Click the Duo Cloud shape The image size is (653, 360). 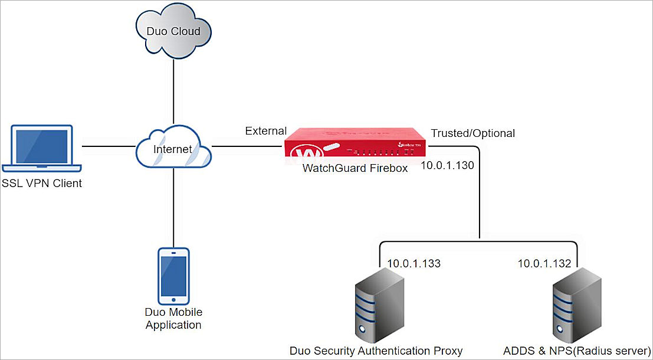(x=173, y=32)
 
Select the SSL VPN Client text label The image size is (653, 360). (x=42, y=184)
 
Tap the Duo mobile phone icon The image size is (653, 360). (x=173, y=276)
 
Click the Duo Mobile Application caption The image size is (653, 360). (x=173, y=319)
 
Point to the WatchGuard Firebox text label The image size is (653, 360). (x=355, y=168)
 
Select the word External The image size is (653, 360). (x=266, y=131)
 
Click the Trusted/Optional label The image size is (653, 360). (x=473, y=133)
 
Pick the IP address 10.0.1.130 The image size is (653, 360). (x=447, y=165)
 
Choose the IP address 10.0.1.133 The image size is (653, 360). (x=414, y=263)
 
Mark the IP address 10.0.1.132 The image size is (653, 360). (x=544, y=263)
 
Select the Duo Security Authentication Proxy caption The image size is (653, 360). (x=376, y=351)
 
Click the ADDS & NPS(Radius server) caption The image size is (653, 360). (x=577, y=351)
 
